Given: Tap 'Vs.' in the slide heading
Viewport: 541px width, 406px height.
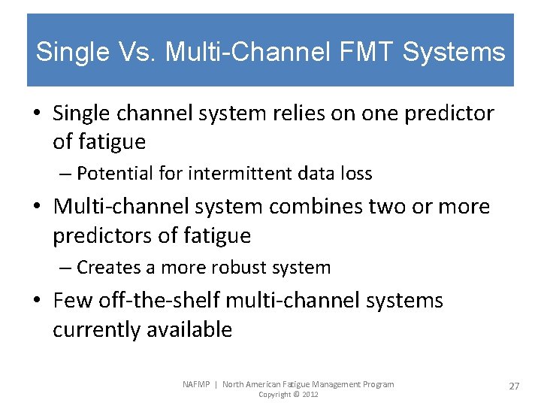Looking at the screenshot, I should point(133,52).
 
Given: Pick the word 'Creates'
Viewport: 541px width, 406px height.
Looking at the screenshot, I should point(106,267).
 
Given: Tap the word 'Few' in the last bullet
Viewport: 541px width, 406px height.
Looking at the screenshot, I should point(70,301).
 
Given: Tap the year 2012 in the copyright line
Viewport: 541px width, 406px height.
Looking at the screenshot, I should point(309,395).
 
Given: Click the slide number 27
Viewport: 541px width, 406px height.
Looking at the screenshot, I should point(514,386).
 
